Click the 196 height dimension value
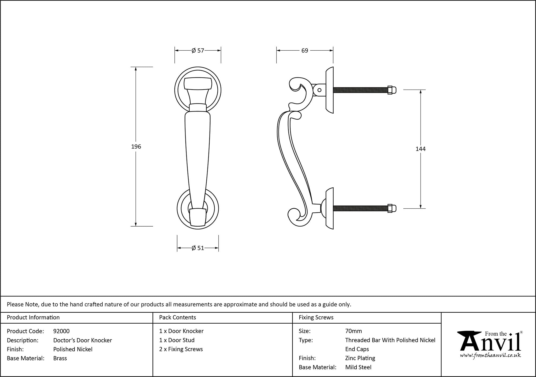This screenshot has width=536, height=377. pos(136,146)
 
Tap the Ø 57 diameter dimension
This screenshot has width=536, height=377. pos(198,50)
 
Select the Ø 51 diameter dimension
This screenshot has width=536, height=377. pos(198,248)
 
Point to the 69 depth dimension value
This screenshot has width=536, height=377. pos(305,50)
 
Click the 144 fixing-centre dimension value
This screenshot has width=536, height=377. pos(420,149)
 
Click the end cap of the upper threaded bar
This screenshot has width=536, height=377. pos(392,90)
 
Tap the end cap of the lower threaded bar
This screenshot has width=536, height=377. pos(392,208)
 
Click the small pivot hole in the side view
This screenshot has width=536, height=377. pos(319,90)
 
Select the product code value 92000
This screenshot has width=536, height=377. pos(61,331)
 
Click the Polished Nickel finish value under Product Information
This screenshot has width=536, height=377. pos(73,349)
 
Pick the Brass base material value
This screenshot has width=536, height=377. pos(60,358)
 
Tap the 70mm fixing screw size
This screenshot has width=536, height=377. pos(353,331)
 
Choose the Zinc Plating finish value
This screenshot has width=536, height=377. pos(360,358)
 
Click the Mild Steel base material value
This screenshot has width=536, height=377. pos(358,367)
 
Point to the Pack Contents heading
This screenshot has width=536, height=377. pos(177,317)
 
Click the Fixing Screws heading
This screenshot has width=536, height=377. pos(316,317)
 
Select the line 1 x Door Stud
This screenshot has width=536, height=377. pos(177,340)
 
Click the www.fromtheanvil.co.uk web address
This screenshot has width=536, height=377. pos(490,356)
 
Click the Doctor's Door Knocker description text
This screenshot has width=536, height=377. pos(83,340)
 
